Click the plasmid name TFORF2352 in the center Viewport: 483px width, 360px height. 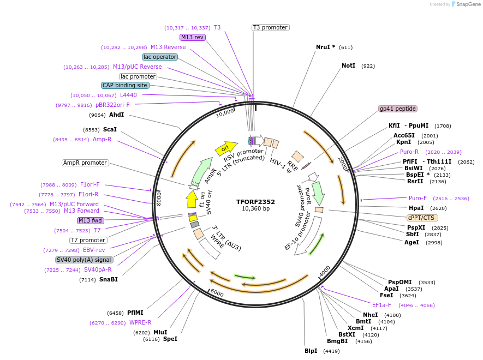tap(255, 201)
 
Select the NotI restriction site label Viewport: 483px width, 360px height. tap(348, 65)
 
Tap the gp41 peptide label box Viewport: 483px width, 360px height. tap(398, 109)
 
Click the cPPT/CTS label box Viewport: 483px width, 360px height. tap(421, 217)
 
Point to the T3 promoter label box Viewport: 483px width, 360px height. tap(270, 27)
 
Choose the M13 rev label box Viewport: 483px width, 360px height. tap(193, 37)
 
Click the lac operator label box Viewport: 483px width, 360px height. tap(159, 57)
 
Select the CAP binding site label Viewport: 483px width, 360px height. tap(125, 85)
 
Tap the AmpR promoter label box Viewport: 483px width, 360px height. tap(85, 163)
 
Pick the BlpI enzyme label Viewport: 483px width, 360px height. tap(311, 351)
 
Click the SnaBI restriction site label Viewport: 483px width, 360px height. tap(108, 279)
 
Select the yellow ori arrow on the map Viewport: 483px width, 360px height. tap(226, 147)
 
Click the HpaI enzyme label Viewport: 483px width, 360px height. tap(416, 208)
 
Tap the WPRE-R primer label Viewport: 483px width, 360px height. tap(140, 322)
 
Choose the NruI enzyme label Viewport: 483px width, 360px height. tap(325, 47)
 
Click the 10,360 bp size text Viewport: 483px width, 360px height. tap(255, 209)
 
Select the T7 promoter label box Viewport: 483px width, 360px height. tap(88, 240)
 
